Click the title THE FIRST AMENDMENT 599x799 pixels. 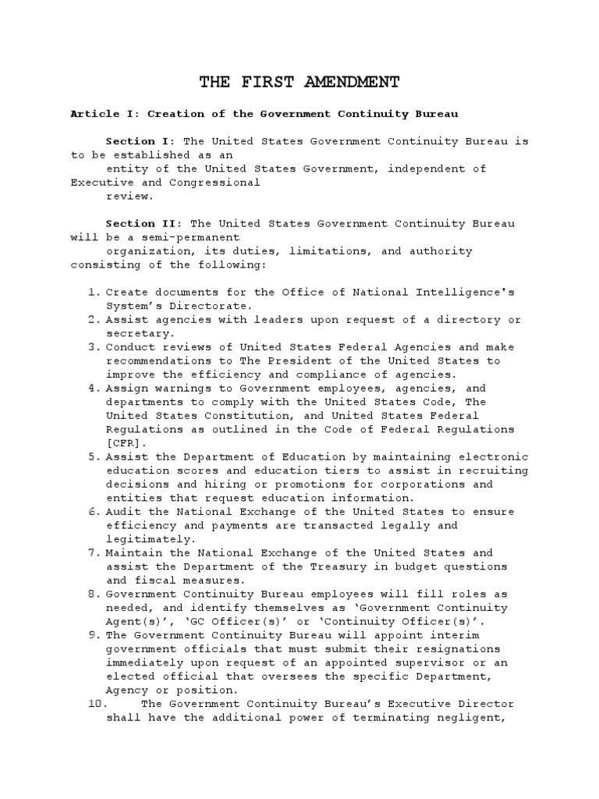299,82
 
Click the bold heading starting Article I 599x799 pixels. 264,114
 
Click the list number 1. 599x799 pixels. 94,293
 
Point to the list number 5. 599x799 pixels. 94,456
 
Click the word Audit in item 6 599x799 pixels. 123,512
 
